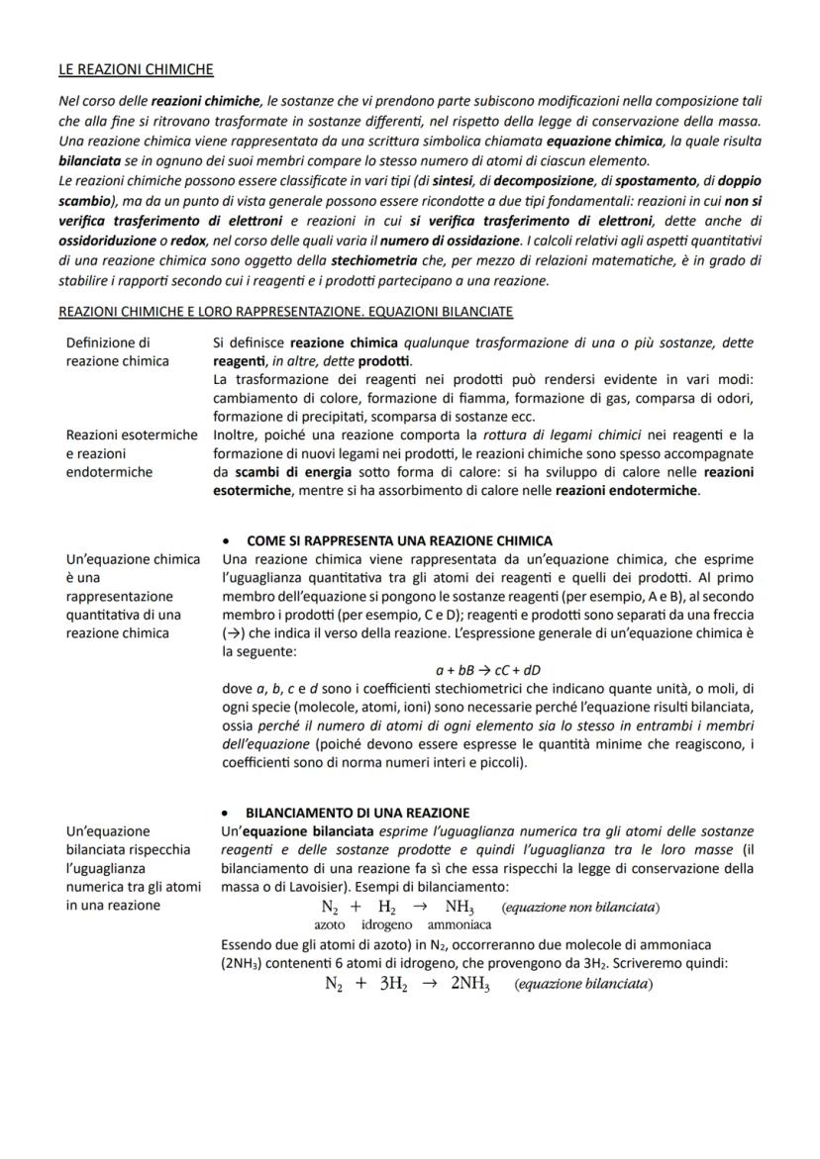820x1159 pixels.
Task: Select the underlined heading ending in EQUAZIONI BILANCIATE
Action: [285, 312]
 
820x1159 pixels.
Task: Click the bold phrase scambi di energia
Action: [263, 472]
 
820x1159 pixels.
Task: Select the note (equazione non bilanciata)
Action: [581, 908]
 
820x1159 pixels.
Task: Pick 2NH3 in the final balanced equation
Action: [470, 985]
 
